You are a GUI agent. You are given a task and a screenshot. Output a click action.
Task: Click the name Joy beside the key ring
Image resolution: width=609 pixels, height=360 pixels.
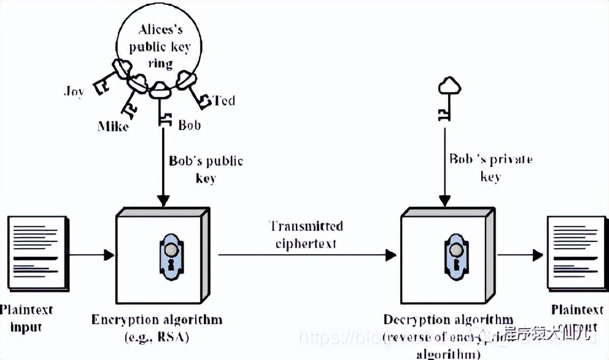pos(74,92)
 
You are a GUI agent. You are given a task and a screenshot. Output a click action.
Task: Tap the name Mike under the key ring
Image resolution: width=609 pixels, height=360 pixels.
pos(114,127)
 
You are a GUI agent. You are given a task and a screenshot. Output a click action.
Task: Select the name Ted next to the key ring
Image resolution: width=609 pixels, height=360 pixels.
pos(223,100)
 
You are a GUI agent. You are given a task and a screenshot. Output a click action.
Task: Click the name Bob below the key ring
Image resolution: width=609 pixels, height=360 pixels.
pos(189,125)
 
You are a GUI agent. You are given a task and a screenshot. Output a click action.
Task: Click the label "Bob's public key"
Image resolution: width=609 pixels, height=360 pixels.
pos(206,170)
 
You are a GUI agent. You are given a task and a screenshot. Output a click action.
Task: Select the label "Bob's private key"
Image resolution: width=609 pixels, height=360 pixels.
pos(491,168)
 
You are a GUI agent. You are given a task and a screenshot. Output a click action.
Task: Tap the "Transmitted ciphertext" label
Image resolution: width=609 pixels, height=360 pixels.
pos(305,234)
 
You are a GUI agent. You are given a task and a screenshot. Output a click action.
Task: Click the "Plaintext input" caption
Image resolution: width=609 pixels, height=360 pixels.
pos(26,318)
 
